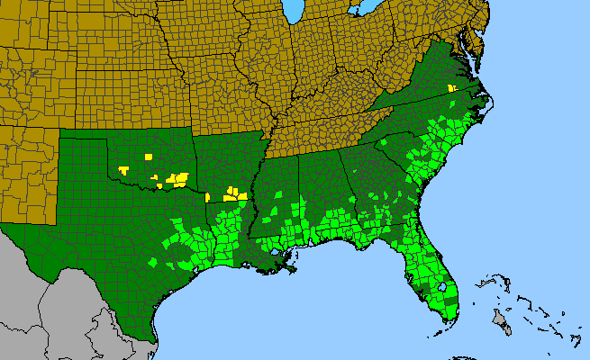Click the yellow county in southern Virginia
click(450, 87)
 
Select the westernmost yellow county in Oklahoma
click(122, 169)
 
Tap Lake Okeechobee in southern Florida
click(441, 288)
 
